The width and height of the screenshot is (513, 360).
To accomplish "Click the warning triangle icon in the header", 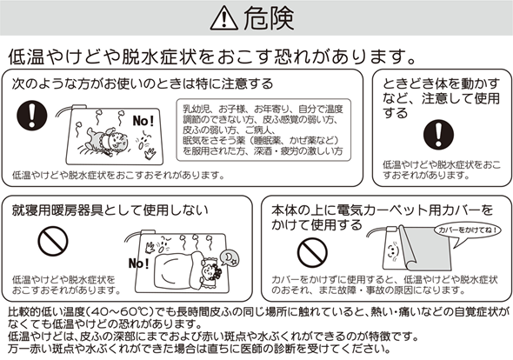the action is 223,18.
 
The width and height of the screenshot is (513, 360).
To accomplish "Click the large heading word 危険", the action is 269,18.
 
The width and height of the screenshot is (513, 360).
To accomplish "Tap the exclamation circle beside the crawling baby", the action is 31,115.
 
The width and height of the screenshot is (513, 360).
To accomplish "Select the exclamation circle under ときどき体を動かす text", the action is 438,135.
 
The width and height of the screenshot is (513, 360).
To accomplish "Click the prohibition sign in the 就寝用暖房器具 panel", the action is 53,241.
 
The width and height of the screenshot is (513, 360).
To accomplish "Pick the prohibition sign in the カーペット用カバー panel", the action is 312,253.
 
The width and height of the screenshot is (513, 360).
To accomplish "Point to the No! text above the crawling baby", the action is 143,121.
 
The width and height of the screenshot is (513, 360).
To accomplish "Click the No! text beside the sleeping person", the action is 139,263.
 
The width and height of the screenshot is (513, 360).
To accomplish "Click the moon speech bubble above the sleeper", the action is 229,257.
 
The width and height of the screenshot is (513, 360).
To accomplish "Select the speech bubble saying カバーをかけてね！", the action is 466,233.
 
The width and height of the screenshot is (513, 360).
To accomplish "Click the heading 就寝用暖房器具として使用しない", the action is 110,210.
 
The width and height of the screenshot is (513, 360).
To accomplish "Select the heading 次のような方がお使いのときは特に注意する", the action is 143,83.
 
